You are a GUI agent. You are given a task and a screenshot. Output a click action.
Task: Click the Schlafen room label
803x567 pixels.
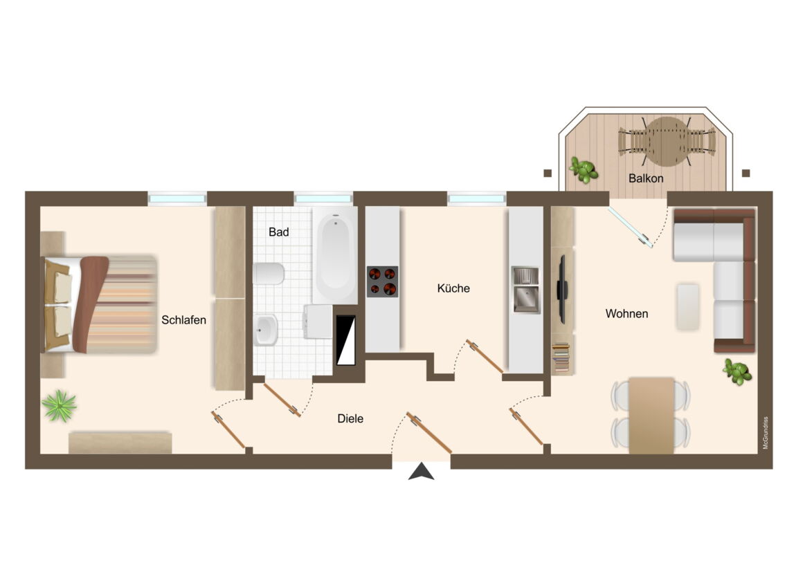click(184, 320)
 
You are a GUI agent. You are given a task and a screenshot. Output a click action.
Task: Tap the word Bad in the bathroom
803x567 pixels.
click(278, 232)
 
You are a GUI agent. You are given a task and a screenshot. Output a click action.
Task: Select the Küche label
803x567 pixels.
click(453, 288)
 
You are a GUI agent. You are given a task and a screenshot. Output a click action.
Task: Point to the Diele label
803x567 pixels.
click(350, 418)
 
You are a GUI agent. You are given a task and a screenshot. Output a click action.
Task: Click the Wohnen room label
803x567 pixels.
click(627, 314)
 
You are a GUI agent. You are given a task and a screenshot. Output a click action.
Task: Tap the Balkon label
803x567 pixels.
click(646, 178)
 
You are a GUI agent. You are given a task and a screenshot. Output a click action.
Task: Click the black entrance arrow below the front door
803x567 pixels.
click(421, 472)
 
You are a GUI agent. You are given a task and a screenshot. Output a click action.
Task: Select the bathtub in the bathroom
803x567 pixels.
click(335, 255)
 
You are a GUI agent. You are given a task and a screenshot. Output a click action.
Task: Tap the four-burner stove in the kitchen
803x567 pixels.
click(383, 281)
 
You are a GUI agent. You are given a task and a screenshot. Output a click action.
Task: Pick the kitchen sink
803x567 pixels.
click(525, 290)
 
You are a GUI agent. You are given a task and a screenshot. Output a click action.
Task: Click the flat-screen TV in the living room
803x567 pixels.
click(562, 289)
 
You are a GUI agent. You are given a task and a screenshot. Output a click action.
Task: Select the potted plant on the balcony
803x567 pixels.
click(584, 169)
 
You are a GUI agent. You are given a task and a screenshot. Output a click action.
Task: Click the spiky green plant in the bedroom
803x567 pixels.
click(60, 407)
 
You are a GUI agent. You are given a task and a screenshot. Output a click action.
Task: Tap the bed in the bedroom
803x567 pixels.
click(100, 304)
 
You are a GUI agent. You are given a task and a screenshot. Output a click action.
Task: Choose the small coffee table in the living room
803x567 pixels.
click(687, 307)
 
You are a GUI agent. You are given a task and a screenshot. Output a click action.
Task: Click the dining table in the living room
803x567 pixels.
click(651, 416)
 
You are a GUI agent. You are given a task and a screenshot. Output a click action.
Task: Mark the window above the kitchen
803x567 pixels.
click(476, 198)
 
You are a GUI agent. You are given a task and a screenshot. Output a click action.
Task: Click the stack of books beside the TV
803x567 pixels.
click(561, 357)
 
